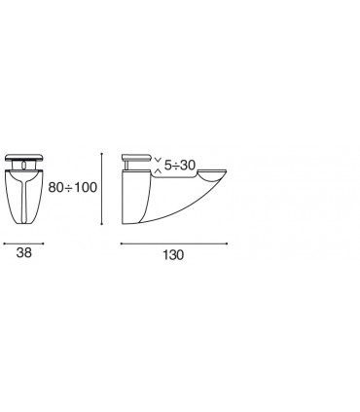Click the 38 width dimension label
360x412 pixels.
click(24, 252)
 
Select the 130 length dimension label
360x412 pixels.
click(173, 255)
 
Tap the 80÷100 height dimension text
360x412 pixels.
click(73, 187)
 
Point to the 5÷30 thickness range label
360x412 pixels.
click(180, 166)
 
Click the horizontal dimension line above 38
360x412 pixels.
click(23, 243)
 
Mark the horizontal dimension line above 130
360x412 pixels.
click(174, 243)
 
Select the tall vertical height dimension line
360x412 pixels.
click(102, 189)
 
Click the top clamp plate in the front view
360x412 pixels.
click(24, 158)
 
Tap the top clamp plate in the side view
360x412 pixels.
click(136, 158)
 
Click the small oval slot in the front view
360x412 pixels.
click(24, 166)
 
